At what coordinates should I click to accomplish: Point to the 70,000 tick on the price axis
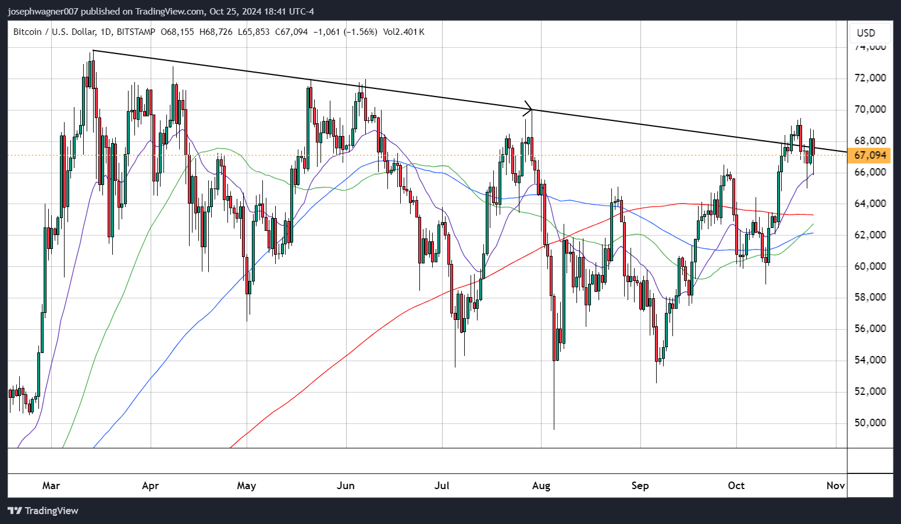pyautogui.click(x=870, y=109)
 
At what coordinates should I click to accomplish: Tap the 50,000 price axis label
pyautogui.click(x=870, y=423)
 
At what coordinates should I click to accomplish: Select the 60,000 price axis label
pyautogui.click(x=870, y=266)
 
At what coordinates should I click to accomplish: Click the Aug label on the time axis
pyautogui.click(x=541, y=486)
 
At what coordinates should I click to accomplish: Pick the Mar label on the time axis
pyautogui.click(x=51, y=486)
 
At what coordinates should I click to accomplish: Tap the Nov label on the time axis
pyautogui.click(x=835, y=486)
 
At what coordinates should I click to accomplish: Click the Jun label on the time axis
pyautogui.click(x=346, y=486)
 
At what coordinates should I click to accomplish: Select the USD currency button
pyautogui.click(x=866, y=33)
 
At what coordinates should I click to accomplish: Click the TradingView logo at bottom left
pyautogui.click(x=43, y=511)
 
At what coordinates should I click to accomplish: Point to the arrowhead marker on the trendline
pyautogui.click(x=529, y=108)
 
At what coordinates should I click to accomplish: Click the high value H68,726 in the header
pyautogui.click(x=216, y=32)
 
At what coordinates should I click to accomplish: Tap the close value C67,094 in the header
pyautogui.click(x=291, y=32)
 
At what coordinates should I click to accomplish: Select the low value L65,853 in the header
pyautogui.click(x=254, y=32)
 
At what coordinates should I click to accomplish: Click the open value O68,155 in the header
pyautogui.click(x=177, y=32)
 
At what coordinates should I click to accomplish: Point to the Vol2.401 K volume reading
pyautogui.click(x=404, y=32)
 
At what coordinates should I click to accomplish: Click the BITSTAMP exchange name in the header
pyautogui.click(x=136, y=32)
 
